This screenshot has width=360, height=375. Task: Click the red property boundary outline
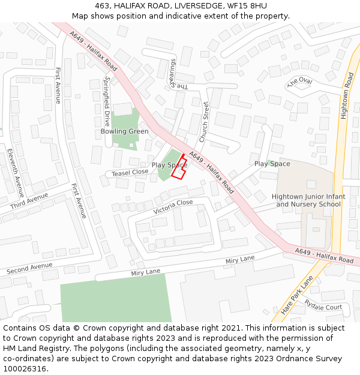[179, 167]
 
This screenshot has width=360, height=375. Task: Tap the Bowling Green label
[124, 131]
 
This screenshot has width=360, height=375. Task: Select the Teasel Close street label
[130, 172]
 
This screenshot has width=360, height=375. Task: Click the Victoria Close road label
[173, 207]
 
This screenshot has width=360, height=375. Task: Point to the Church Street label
[204, 122]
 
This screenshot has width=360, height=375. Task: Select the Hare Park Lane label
[298, 295]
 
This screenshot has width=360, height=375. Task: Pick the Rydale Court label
[323, 307]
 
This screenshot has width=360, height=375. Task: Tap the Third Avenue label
[29, 201]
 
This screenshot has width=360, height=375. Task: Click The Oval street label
[300, 82]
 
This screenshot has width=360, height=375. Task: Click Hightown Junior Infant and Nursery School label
[308, 200]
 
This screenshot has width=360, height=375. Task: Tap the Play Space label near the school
[272, 164]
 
